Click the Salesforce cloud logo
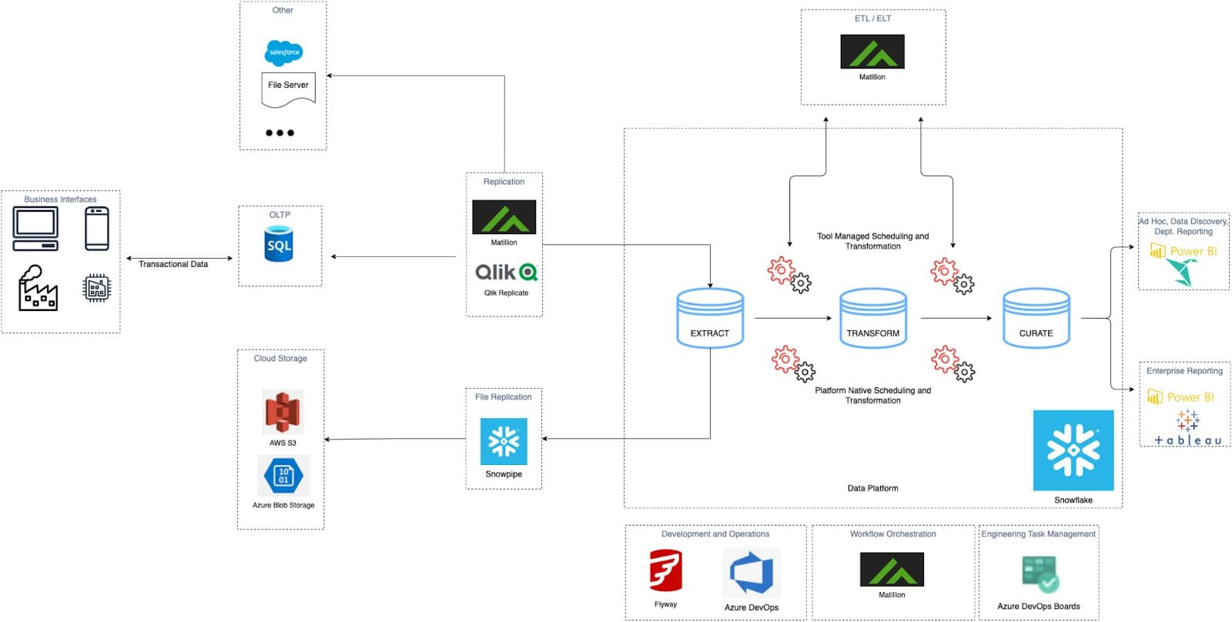click(x=283, y=52)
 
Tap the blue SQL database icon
click(x=279, y=244)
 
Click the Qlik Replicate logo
click(x=506, y=272)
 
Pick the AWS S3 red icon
click(x=283, y=413)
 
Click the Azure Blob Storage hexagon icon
click(x=283, y=476)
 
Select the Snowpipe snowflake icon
click(x=504, y=441)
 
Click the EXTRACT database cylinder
click(x=710, y=318)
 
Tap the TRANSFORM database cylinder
click(x=873, y=318)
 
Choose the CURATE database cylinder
click(x=1036, y=318)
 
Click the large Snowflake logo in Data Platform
click(x=1073, y=450)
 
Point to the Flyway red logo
click(x=665, y=571)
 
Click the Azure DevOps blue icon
click(x=752, y=574)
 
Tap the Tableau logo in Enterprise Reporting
click(x=1187, y=430)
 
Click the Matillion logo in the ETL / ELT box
click(x=872, y=52)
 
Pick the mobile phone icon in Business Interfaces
click(x=97, y=229)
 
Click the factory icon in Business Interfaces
click(x=38, y=289)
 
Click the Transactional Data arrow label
click(x=173, y=264)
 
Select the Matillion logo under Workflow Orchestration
click(x=892, y=570)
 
